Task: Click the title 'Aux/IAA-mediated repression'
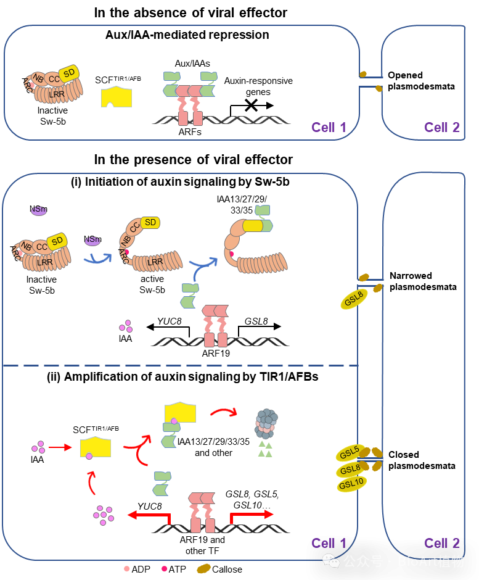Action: click(187, 35)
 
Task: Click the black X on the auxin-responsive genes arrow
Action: click(250, 106)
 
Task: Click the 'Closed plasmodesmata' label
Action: click(422, 460)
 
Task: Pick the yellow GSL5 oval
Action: click(349, 454)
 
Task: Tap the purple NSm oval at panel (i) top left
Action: click(38, 210)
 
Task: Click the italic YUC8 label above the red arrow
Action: click(150, 507)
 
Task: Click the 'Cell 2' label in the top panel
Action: click(441, 128)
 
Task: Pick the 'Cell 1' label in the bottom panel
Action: click(329, 543)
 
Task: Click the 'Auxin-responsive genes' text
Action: click(258, 86)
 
